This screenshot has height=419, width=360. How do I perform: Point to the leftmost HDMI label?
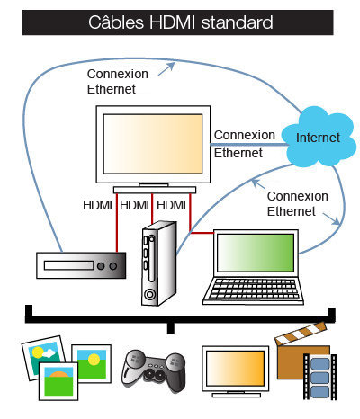click(98, 206)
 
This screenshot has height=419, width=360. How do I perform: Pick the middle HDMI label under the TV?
click(134, 206)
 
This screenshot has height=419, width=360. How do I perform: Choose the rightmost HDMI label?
click(171, 206)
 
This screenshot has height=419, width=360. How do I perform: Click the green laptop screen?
click(256, 252)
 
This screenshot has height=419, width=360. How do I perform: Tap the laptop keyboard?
click(249, 288)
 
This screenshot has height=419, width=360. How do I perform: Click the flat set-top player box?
click(80, 265)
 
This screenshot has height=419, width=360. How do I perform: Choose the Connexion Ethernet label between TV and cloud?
click(244, 144)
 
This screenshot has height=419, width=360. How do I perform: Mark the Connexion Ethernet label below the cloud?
click(298, 203)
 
